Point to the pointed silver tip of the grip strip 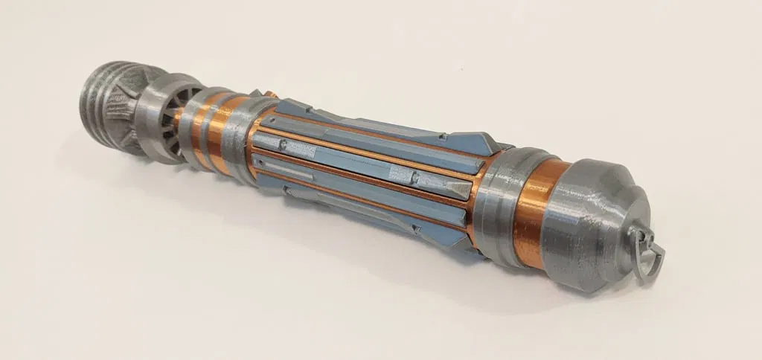pyautogui.click(x=464, y=190)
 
